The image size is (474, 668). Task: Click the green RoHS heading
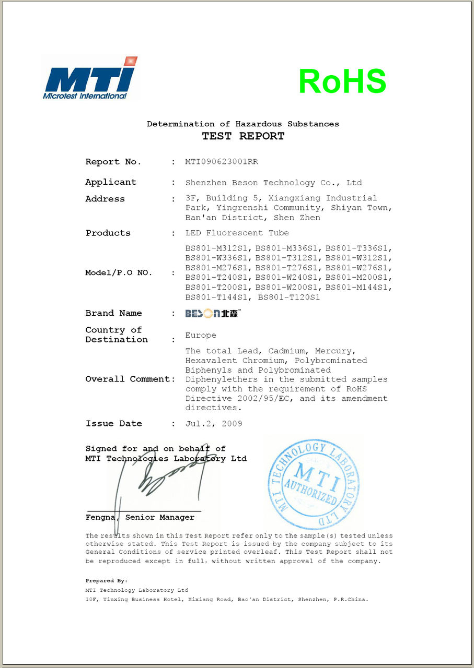tap(342, 81)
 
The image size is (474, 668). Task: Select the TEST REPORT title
tap(243, 136)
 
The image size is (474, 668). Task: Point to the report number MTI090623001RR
tap(222, 162)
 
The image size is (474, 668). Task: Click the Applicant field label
tap(111, 182)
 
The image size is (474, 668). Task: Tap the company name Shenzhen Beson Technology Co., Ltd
tap(273, 183)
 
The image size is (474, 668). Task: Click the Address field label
tap(105, 199)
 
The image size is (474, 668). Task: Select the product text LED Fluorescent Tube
tap(237, 233)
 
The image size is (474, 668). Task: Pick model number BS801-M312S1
tap(218, 248)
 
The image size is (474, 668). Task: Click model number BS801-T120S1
tap(288, 297)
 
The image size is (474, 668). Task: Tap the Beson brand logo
tap(213, 314)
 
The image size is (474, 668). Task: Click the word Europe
tap(201, 335)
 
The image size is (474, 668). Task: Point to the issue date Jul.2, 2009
tap(214, 424)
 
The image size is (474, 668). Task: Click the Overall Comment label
tap(130, 379)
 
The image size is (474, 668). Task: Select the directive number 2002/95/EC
tap(256, 399)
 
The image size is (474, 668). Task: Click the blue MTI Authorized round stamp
tap(314, 484)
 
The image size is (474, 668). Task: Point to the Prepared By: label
tap(107, 580)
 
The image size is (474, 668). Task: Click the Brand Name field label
tap(113, 313)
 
